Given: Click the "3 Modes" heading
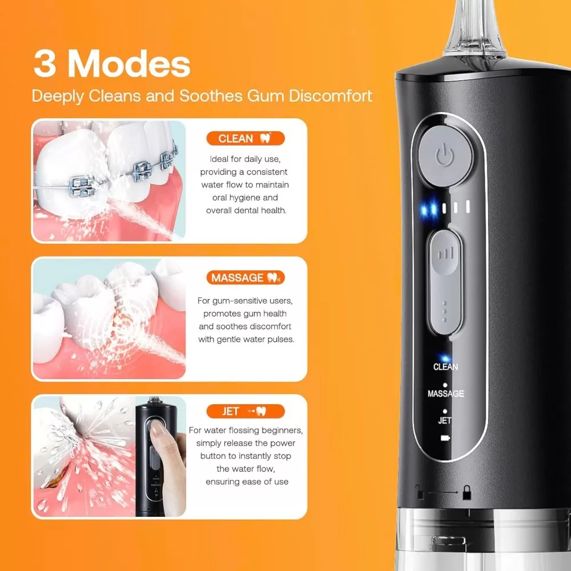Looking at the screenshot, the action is click(112, 65).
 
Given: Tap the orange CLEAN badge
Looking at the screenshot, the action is click(246, 138).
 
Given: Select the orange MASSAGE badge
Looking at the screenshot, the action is click(246, 278).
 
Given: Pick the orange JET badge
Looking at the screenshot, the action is click(246, 412).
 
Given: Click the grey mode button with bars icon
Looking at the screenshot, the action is click(445, 282).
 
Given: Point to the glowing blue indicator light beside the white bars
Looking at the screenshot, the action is click(429, 209).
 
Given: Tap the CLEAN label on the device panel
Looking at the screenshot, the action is click(446, 367).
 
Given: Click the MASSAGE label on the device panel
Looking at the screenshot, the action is click(446, 393).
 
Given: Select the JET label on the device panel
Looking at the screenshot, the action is click(445, 421).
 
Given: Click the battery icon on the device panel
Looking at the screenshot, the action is click(445, 438).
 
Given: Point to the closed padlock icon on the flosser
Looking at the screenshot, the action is click(467, 493).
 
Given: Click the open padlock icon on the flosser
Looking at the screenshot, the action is click(420, 492).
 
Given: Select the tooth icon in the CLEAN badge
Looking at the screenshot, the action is click(266, 138).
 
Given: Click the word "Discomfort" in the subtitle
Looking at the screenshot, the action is click(331, 96).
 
